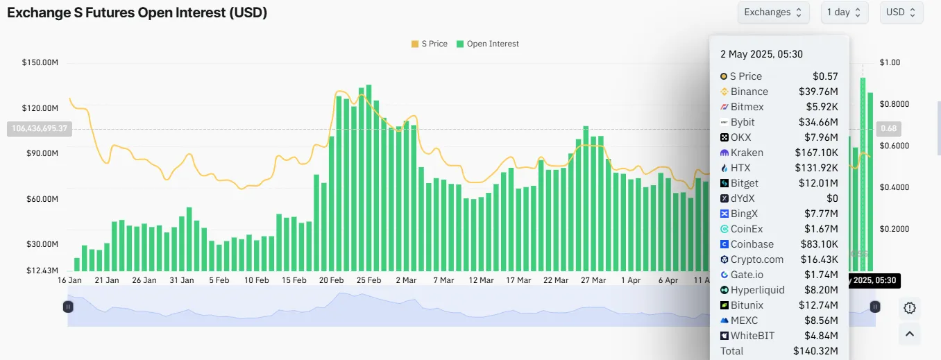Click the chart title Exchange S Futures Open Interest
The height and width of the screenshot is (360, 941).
pyautogui.click(x=137, y=12)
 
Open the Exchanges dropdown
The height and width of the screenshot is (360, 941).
pyautogui.click(x=773, y=12)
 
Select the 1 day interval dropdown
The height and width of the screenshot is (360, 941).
pyautogui.click(x=844, y=12)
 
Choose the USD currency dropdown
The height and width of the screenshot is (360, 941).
pyautogui.click(x=901, y=12)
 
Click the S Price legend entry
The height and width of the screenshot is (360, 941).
pyautogui.click(x=430, y=44)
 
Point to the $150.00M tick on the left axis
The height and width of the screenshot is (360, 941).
pyautogui.click(x=40, y=63)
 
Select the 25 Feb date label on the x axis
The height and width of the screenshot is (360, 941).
pyautogui.click(x=369, y=281)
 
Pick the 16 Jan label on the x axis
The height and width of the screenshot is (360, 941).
pyautogui.click(x=69, y=281)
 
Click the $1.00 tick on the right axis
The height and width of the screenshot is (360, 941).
pyautogui.click(x=890, y=63)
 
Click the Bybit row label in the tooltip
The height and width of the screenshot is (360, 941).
pyautogui.click(x=744, y=122)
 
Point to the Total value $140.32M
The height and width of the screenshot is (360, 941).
pyautogui.click(x=815, y=351)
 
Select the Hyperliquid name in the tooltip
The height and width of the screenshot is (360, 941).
pyautogui.click(x=757, y=290)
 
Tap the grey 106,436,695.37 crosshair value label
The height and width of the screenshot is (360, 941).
pyautogui.click(x=40, y=128)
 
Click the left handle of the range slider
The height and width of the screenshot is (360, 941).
pyautogui.click(x=68, y=306)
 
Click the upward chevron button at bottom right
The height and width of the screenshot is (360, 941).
pyautogui.click(x=910, y=334)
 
